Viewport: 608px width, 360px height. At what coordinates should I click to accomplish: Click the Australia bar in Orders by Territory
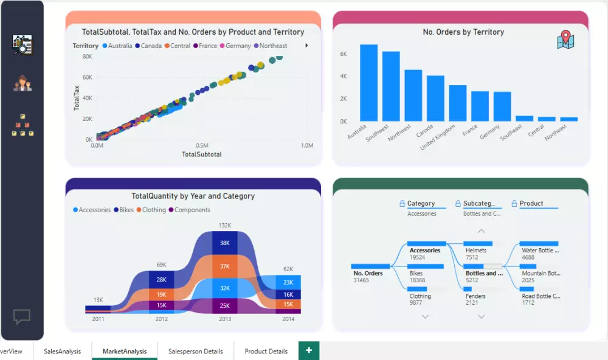click(x=368, y=83)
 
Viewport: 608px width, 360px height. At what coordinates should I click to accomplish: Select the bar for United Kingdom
click(x=458, y=103)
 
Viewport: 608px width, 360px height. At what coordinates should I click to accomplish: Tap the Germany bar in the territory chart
click(x=502, y=106)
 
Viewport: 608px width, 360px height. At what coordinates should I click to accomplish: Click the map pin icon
click(x=565, y=40)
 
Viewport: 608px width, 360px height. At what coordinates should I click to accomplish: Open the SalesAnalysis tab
click(x=62, y=351)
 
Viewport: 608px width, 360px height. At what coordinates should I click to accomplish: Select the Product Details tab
click(x=266, y=351)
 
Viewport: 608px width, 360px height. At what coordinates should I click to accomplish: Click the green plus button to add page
click(x=309, y=351)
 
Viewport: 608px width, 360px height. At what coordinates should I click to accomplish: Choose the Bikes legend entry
click(x=123, y=210)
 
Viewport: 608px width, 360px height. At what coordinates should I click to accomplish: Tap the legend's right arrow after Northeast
click(x=306, y=46)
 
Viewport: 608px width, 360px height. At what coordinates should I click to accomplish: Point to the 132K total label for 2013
click(x=225, y=226)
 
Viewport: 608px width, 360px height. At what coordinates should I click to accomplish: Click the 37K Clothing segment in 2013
click(x=225, y=266)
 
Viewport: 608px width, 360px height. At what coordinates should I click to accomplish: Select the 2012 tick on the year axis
click(x=162, y=319)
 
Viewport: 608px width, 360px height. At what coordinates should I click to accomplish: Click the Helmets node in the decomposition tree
click(x=475, y=250)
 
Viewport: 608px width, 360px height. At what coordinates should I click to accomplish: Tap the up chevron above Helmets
click(x=482, y=231)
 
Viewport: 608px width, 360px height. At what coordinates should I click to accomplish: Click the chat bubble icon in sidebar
click(x=22, y=316)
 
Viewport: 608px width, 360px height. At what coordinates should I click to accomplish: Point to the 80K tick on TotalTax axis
click(x=87, y=57)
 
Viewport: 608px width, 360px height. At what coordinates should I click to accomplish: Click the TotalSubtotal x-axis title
click(x=202, y=154)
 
